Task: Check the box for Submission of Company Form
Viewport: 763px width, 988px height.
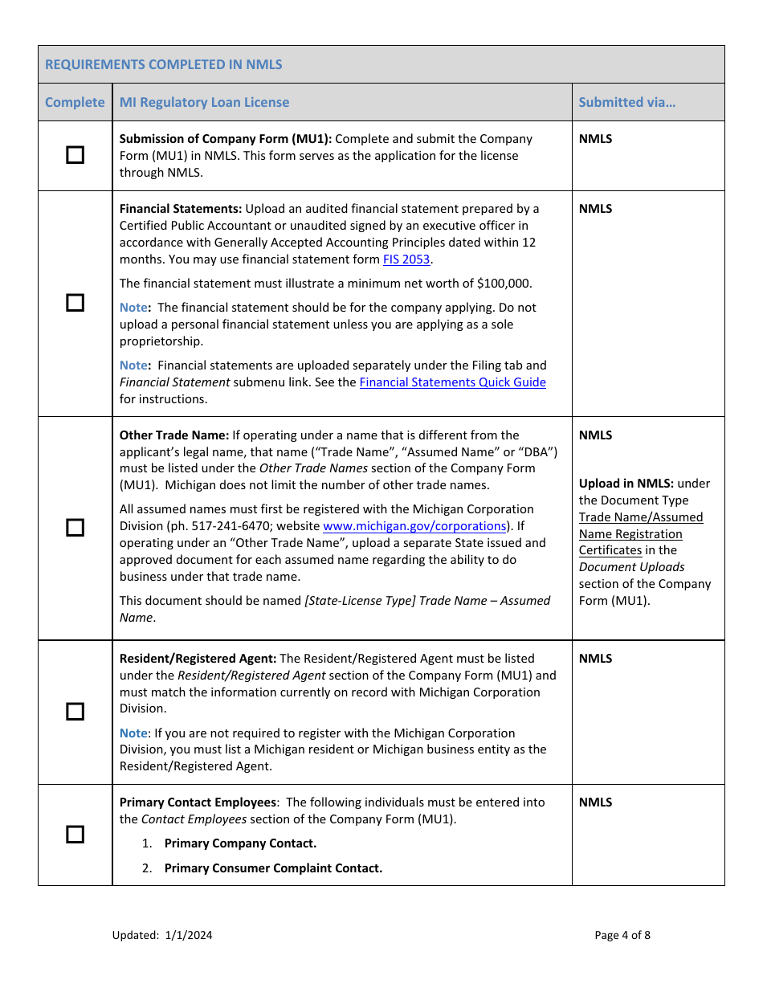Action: [75, 155]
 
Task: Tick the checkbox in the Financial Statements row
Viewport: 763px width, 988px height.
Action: [75, 303]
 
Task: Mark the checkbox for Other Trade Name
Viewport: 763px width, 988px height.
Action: [75, 527]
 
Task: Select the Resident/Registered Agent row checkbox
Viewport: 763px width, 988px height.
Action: [75, 712]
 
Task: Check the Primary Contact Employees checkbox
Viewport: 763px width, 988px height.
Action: [75, 835]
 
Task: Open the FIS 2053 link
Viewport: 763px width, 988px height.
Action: [406, 259]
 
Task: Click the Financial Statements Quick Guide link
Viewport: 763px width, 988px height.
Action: [452, 382]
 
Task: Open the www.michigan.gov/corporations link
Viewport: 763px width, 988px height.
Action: [414, 526]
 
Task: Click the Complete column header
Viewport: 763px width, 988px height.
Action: [75, 102]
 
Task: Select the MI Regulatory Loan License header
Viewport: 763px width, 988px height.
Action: [204, 102]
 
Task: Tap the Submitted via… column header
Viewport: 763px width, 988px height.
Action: [626, 102]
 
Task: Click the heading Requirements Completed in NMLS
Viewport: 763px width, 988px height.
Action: [164, 64]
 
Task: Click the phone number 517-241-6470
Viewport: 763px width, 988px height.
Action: [261, 526]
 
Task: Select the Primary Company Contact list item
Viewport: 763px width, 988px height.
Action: [240, 843]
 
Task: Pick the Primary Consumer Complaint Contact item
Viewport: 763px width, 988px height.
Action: [273, 868]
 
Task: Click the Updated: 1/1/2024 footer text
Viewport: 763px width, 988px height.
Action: [162, 935]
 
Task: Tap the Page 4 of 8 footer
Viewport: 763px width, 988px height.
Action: [622, 935]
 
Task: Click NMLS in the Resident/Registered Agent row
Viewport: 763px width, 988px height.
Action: [595, 659]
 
